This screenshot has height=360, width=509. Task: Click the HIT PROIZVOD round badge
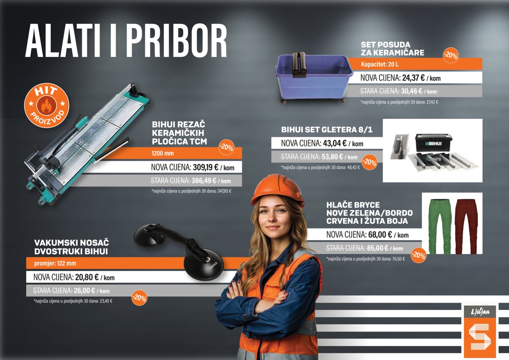coord(47,105)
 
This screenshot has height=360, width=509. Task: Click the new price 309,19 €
coord(205,167)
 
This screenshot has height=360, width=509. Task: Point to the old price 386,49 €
coord(204,181)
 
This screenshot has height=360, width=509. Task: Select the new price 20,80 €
coord(87,277)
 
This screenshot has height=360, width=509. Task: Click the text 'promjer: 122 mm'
coord(55,263)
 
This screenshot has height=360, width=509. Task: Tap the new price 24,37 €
coord(413,78)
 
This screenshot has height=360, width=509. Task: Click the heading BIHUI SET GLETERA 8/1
coord(326,130)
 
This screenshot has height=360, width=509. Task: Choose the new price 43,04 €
coord(334,143)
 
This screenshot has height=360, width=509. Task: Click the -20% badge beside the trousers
coord(418,255)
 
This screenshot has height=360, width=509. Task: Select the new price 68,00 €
coord(380,235)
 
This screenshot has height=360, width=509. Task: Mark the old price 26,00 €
coord(84,291)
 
